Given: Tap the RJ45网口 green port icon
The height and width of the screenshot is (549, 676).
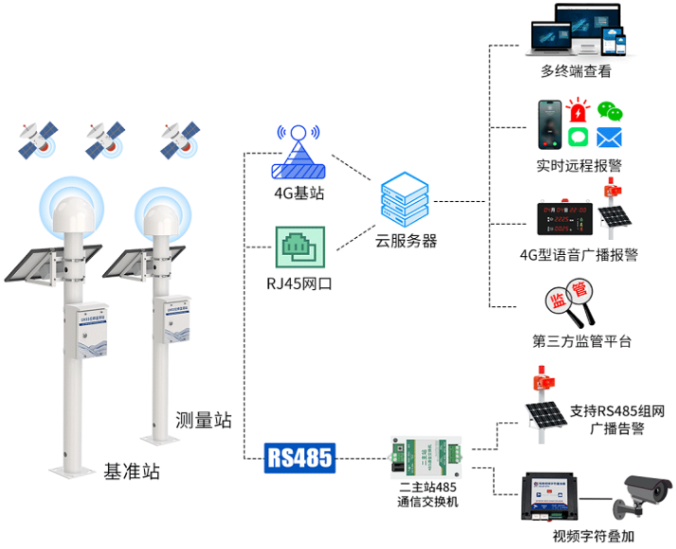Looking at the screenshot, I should [x=300, y=247].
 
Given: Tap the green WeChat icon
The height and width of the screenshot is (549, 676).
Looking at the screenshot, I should [x=611, y=113].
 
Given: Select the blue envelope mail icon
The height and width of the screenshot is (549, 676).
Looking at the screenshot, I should [x=609, y=137].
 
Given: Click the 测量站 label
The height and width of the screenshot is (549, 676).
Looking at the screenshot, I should [x=203, y=419].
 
